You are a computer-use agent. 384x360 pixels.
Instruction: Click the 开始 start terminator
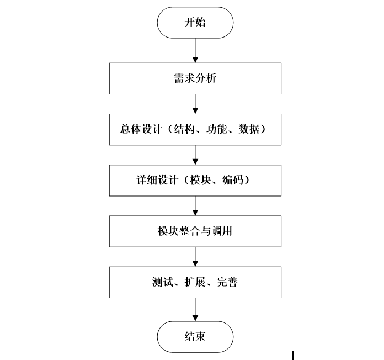195,23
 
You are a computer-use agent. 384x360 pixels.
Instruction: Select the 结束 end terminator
195,336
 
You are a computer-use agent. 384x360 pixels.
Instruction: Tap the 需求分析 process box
195,78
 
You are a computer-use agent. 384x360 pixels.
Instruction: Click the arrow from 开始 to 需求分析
195,50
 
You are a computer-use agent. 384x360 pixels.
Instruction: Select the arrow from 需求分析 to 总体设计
195,104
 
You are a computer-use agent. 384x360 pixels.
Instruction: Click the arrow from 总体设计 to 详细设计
195,155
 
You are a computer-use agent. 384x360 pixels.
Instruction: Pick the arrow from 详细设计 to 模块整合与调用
195,205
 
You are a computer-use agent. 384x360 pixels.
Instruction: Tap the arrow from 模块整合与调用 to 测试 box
195,257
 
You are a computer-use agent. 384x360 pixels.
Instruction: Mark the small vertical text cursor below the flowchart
292,355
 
